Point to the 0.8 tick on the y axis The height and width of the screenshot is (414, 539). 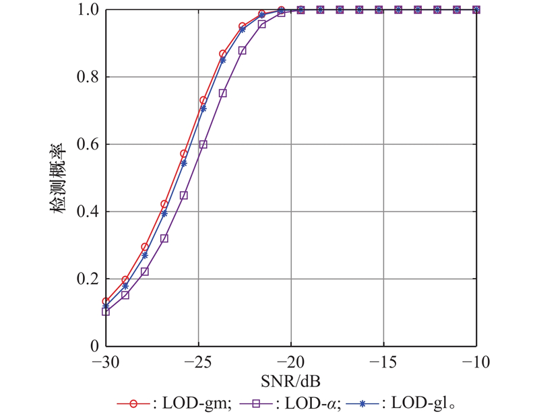click(88, 77)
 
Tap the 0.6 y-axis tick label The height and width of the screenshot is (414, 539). click(88, 145)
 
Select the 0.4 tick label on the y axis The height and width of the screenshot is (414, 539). click(88, 212)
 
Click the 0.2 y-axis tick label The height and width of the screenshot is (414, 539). click(88, 279)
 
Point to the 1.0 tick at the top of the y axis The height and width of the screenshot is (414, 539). click(88, 10)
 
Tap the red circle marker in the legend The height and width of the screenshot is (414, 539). click(133, 403)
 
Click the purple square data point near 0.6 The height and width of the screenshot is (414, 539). click(203, 145)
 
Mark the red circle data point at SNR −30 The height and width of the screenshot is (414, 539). click(106, 302)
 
